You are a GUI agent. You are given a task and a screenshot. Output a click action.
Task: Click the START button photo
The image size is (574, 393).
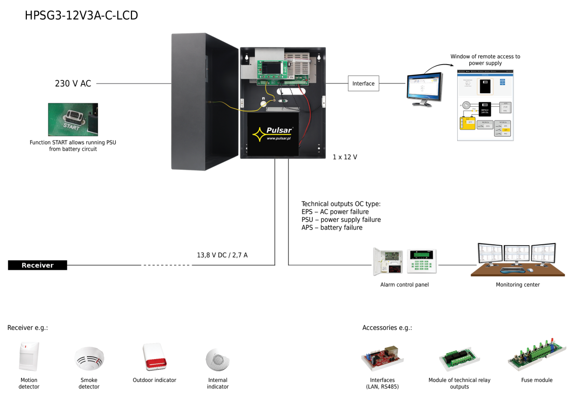(x=73, y=119)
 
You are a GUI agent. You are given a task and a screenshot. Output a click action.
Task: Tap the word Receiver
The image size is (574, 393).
(x=37, y=265)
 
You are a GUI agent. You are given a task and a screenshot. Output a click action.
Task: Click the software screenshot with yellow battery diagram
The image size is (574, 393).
(x=485, y=105)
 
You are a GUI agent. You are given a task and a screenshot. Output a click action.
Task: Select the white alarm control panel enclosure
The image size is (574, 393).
(x=387, y=261)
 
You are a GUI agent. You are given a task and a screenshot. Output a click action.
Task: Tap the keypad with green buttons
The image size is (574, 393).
(x=421, y=261)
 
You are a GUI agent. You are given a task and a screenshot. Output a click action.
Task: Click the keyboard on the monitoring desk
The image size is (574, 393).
(x=513, y=271)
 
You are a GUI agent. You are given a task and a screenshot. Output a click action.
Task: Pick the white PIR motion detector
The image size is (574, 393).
(x=29, y=356)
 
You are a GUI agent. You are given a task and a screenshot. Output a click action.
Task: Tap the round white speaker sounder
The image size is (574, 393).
(x=218, y=359)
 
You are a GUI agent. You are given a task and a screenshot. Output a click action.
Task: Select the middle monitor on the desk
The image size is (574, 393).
(x=517, y=253)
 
